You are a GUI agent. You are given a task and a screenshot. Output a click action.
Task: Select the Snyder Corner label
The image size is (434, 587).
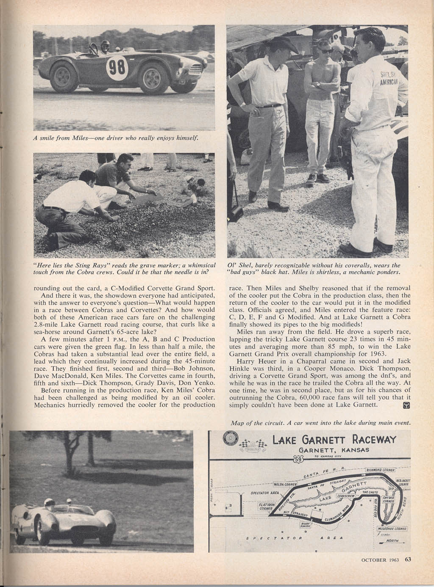389,499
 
